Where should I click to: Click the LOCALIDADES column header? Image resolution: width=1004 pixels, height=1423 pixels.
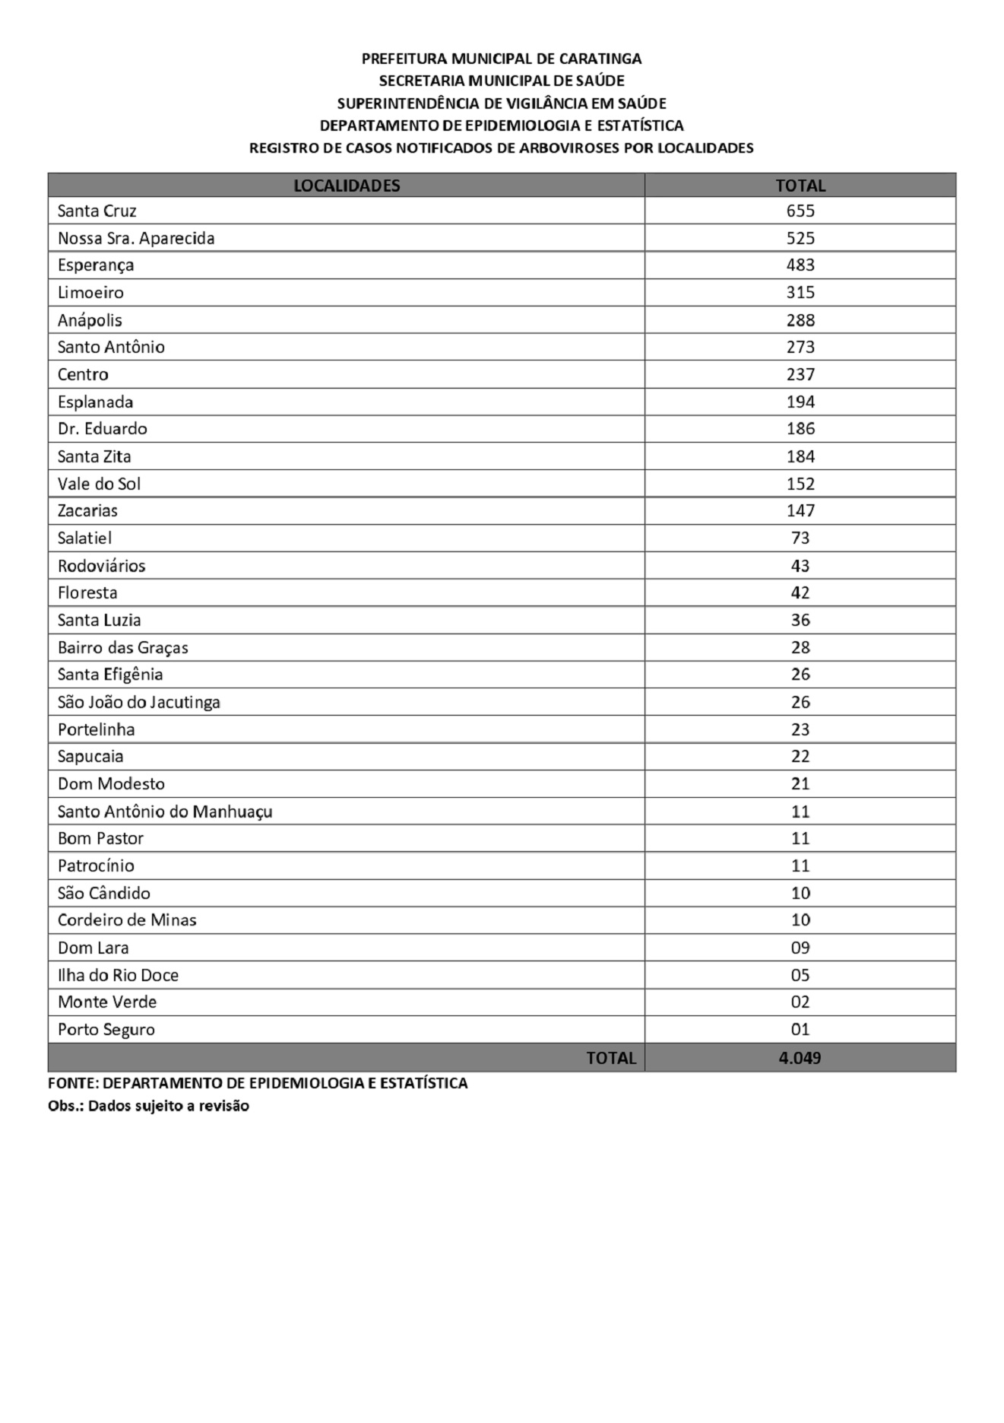[347, 186]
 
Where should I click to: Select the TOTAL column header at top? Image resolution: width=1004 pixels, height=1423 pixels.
[800, 186]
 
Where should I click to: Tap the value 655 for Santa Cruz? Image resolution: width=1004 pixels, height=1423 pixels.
[800, 211]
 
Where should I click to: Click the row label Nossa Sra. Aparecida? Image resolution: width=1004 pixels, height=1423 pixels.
[136, 238]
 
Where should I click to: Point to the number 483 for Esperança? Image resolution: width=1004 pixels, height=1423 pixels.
[800, 265]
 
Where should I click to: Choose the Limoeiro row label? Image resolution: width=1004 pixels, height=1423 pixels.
[90, 292]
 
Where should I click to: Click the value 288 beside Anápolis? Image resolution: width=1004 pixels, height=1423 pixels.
[800, 320]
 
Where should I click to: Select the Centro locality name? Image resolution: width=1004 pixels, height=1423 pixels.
[83, 374]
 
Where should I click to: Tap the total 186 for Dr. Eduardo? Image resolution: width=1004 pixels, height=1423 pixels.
[800, 428]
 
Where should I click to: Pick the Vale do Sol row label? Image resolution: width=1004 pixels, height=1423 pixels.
[99, 484]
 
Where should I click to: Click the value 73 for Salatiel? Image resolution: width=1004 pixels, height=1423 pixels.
[800, 538]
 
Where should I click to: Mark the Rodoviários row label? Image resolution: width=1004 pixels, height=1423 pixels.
[101, 566]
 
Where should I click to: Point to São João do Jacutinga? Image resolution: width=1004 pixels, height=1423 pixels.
[139, 702]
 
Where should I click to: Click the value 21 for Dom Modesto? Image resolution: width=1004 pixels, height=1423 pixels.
[800, 783]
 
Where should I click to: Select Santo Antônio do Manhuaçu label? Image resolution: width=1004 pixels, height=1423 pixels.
[165, 812]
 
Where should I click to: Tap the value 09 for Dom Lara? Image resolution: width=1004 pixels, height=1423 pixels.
[800, 948]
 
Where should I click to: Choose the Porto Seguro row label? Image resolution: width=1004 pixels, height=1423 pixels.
[106, 1030]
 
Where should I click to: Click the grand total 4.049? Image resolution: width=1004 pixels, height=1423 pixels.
[800, 1058]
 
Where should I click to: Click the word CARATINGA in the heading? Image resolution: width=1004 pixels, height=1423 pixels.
[600, 59]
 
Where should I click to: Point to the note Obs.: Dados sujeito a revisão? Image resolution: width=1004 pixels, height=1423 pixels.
[148, 1106]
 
